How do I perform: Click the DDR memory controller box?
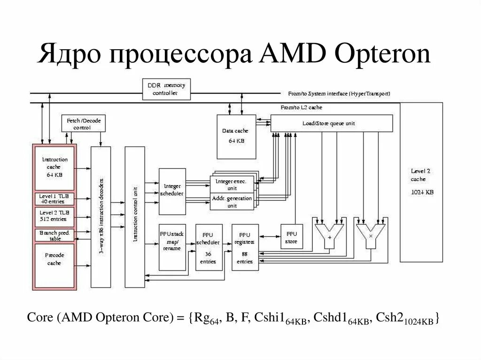click(x=166, y=89)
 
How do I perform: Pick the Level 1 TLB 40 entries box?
click(x=54, y=198)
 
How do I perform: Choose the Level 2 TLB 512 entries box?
click(x=54, y=215)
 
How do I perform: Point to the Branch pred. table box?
click(x=54, y=234)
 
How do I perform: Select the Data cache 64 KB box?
click(x=236, y=136)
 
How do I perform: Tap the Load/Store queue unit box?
click(x=332, y=123)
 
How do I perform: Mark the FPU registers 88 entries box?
click(x=245, y=247)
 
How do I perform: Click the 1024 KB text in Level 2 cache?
click(x=421, y=192)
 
